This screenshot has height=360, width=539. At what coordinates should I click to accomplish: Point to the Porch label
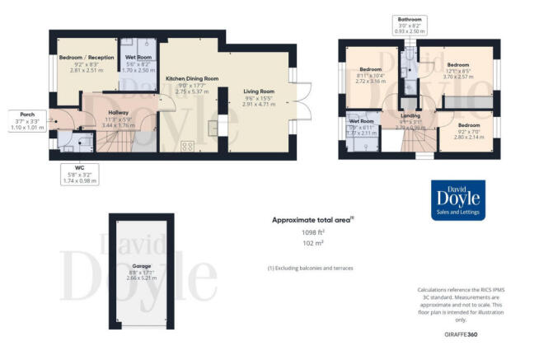[20, 114]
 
